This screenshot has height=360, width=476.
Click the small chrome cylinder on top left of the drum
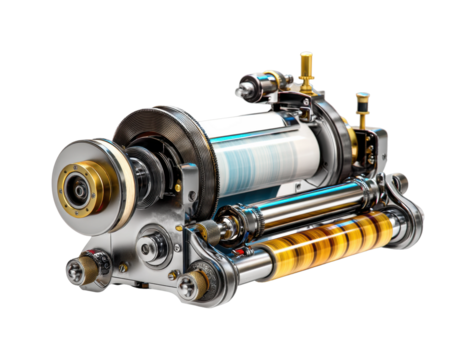click(x=255, y=88)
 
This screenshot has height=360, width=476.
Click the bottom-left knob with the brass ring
click(x=77, y=268)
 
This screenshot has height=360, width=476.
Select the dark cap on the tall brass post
click(x=306, y=57)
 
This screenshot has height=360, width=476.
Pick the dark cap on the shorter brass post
click(x=362, y=98)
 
